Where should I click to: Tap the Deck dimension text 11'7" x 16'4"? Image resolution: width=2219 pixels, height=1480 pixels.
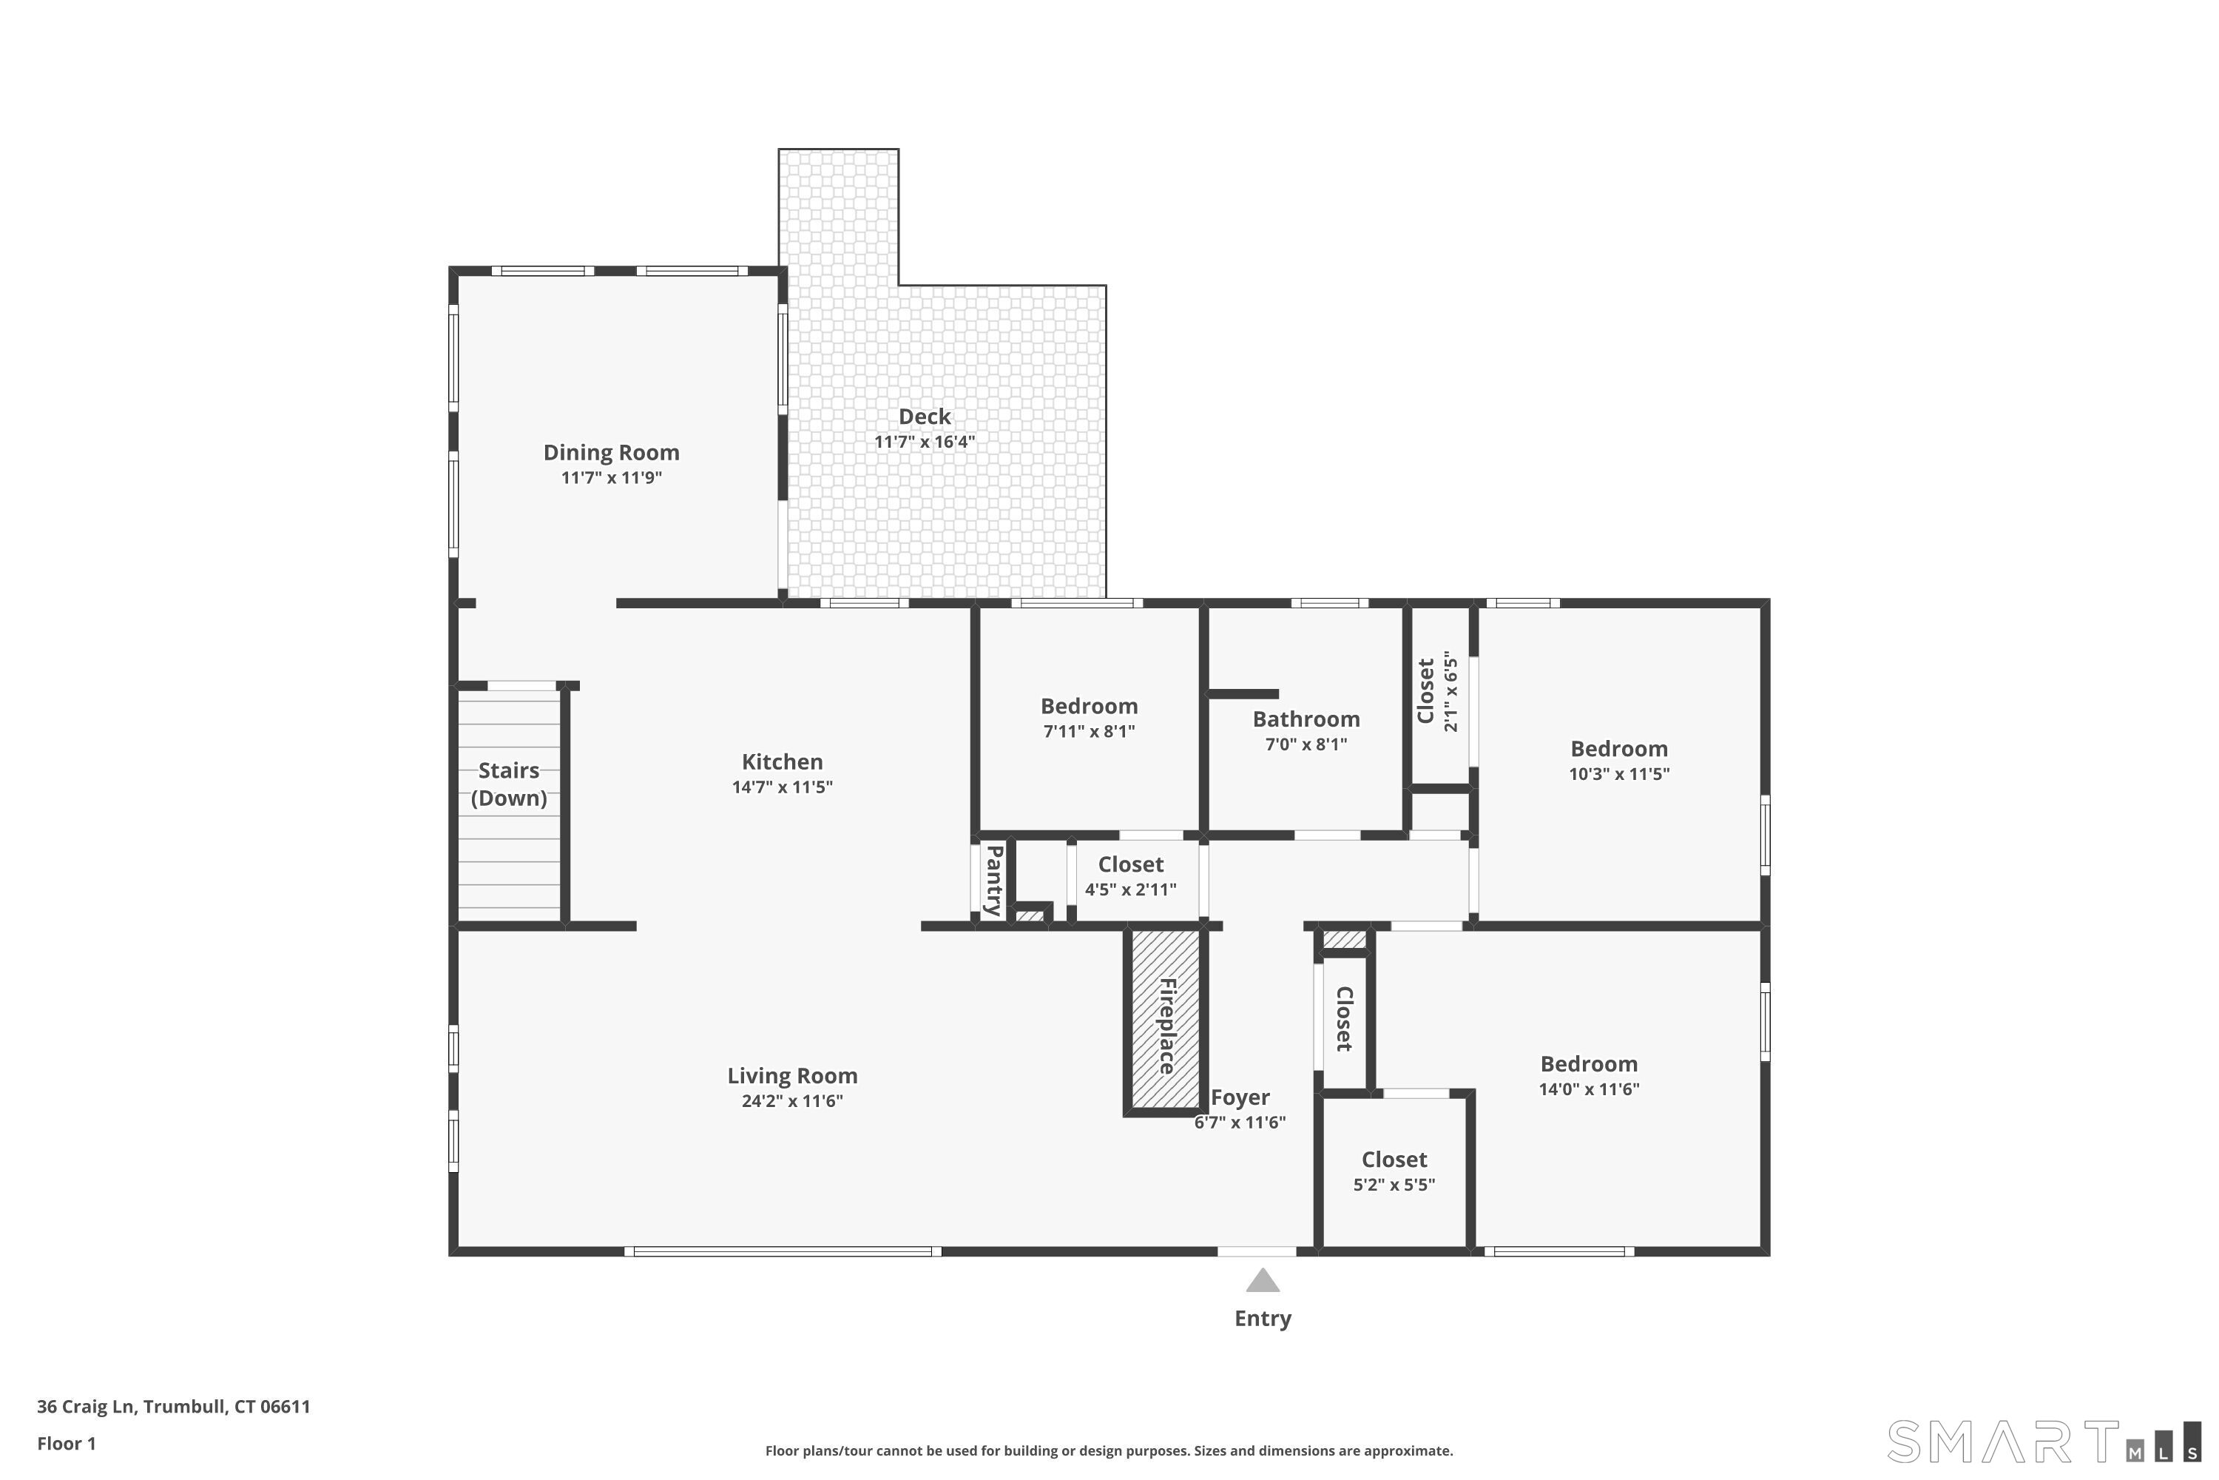924,442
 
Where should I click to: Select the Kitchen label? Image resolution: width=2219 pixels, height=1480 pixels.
781,761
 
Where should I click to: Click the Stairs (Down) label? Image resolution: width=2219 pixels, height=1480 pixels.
509,784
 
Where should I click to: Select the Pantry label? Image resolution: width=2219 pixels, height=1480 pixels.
993,880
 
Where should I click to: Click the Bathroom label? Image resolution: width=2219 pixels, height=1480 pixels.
1305,719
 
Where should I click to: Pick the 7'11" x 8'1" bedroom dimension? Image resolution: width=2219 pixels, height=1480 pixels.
1088,732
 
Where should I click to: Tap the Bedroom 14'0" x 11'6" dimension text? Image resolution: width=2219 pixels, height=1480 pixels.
1588,1089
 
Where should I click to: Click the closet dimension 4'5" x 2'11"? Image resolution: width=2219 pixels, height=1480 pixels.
1129,889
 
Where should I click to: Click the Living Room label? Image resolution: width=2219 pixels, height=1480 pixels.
791,1076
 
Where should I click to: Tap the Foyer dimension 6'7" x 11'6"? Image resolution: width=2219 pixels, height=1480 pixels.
1239,1123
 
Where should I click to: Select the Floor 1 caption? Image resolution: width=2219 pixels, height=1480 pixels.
66,1443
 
